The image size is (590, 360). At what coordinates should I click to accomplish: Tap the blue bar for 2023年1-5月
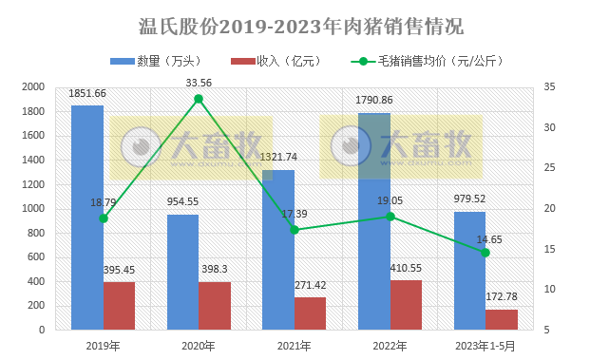tap(469, 270)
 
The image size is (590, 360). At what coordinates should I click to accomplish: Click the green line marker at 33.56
tap(199, 98)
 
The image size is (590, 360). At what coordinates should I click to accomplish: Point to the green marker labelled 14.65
tap(485, 252)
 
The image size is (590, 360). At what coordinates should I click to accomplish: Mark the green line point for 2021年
tap(295, 230)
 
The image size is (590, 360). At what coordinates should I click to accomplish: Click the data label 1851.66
tap(87, 93)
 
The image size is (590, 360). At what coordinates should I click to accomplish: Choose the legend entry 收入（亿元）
tap(273, 62)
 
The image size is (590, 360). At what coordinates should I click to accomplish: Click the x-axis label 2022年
tap(390, 346)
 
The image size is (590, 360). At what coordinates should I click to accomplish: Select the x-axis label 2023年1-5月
tap(485, 346)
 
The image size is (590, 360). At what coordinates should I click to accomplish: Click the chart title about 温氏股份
tap(295, 23)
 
